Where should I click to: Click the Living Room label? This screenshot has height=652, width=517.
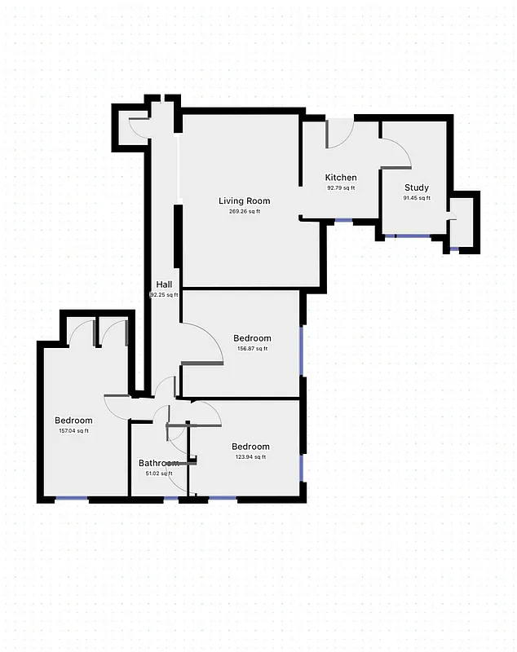[244, 200]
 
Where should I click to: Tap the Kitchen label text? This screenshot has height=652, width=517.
[341, 178]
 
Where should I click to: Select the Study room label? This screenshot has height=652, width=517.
[417, 187]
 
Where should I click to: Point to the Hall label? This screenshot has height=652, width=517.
[164, 284]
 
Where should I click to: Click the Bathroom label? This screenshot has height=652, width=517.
[158, 463]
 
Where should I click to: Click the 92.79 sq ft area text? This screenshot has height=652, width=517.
[341, 188]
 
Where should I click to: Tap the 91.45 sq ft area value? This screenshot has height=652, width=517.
[417, 198]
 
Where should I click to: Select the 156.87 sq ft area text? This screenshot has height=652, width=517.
[252, 349]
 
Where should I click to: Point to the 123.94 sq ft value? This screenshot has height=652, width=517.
[250, 457]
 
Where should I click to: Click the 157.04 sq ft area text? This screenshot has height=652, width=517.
[73, 431]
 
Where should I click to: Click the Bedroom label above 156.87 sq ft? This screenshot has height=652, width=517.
[252, 338]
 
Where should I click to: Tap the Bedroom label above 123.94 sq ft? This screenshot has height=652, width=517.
[250, 447]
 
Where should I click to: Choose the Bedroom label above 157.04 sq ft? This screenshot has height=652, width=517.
[73, 421]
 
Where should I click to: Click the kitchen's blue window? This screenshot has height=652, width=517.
[343, 220]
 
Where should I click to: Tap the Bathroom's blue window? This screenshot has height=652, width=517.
[171, 497]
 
